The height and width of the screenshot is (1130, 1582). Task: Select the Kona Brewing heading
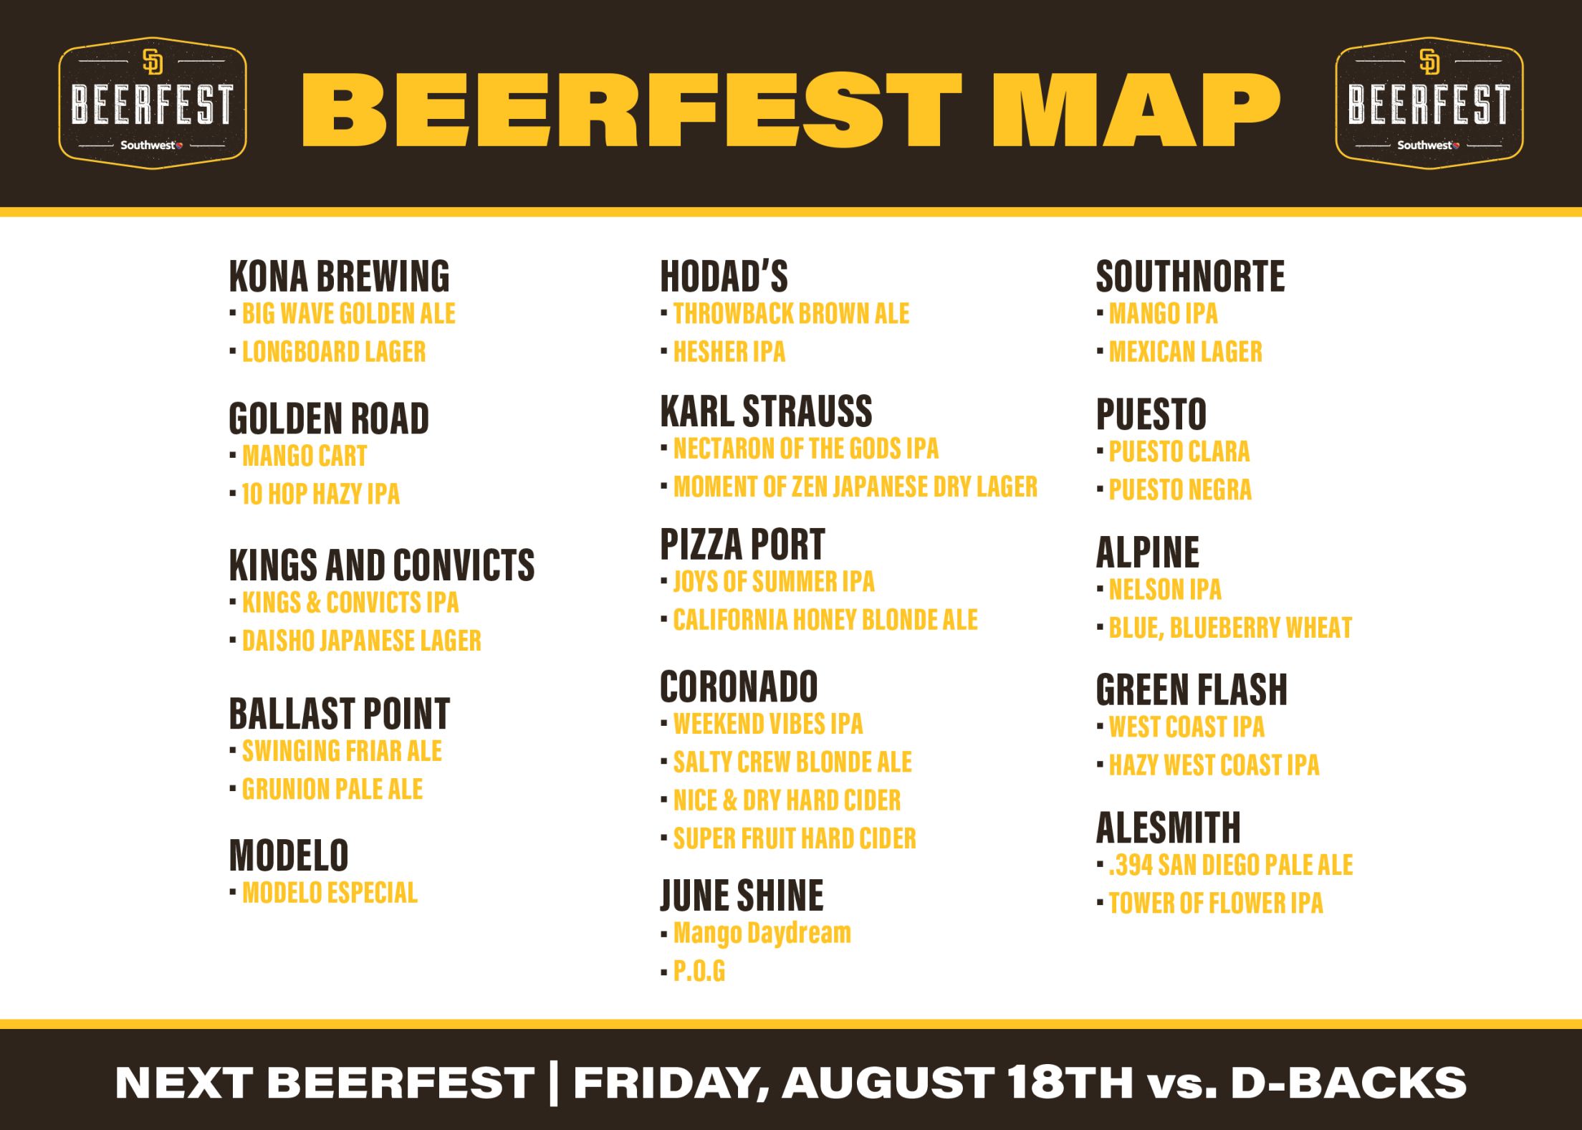tap(339, 277)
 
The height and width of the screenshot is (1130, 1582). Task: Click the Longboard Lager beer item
tap(334, 352)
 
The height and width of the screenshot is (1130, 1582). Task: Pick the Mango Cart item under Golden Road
tap(305, 456)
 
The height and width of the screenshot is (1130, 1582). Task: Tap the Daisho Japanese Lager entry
tap(361, 641)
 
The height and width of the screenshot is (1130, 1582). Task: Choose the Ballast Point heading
tap(339, 714)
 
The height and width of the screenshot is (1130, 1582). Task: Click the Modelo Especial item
tap(330, 893)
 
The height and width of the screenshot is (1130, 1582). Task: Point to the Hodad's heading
tap(724, 277)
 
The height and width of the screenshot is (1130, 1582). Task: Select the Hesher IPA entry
tap(729, 352)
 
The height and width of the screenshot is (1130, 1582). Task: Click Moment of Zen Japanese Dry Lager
tap(855, 487)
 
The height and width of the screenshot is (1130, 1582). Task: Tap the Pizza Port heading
tap(742, 545)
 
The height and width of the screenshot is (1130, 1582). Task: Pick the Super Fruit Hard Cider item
tap(794, 838)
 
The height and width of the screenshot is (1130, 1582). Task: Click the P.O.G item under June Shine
tap(699, 972)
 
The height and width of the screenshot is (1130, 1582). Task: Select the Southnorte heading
tap(1190, 277)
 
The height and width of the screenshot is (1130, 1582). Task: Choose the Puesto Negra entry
tap(1180, 490)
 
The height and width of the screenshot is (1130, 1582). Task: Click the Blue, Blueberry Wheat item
tap(1230, 628)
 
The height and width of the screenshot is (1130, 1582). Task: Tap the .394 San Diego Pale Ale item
tap(1230, 866)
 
